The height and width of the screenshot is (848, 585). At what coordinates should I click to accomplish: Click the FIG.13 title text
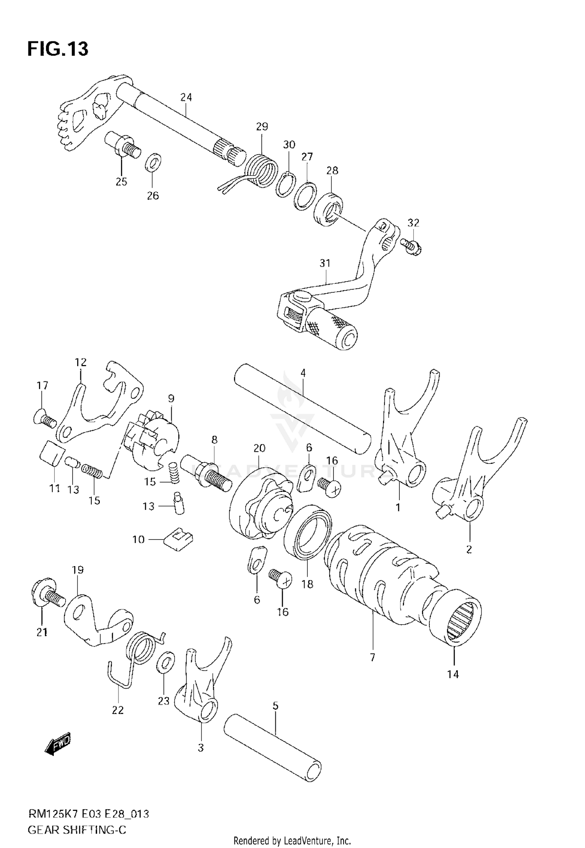[x=58, y=49]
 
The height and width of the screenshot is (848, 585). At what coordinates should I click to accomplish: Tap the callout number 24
[x=186, y=97]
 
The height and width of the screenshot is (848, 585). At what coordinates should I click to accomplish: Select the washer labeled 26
[x=154, y=162]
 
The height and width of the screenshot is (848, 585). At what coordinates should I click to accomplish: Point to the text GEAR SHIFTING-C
[x=77, y=830]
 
